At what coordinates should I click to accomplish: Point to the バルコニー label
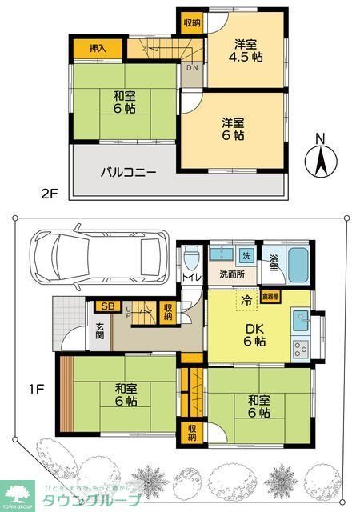pos(127,171)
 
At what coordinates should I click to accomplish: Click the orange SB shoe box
pos(106,306)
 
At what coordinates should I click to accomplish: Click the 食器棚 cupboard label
pos(272,296)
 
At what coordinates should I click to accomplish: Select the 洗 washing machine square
pos(246,256)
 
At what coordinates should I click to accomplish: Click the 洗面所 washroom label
pos(232,274)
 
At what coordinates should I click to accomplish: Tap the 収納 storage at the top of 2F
pos(191,23)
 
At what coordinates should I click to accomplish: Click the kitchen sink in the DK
pos(302,321)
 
